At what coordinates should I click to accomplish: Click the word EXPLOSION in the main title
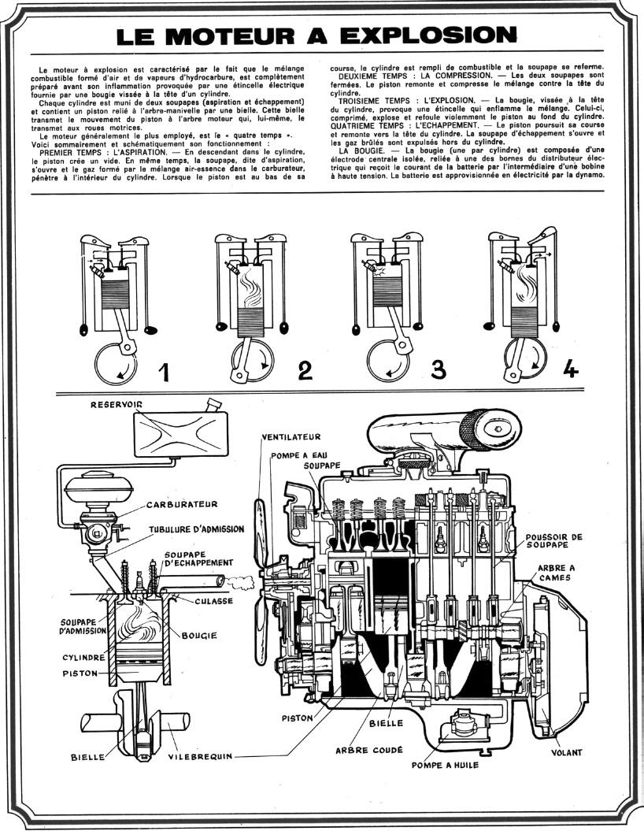pyautogui.click(x=428, y=35)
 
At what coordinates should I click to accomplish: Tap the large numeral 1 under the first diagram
pyautogui.click(x=164, y=370)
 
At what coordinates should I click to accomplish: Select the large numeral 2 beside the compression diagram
pyautogui.click(x=305, y=370)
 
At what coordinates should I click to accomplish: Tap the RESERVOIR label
pyautogui.click(x=117, y=404)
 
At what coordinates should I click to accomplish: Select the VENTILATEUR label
pyautogui.click(x=291, y=436)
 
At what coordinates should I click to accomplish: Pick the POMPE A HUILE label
pyautogui.click(x=445, y=765)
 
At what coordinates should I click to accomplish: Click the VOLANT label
pyautogui.click(x=566, y=752)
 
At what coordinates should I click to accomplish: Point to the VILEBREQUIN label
pyautogui.click(x=200, y=756)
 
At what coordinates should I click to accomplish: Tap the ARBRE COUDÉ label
pyautogui.click(x=369, y=750)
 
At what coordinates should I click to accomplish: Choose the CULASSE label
pyautogui.click(x=214, y=601)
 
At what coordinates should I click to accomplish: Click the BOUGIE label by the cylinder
pyautogui.click(x=199, y=636)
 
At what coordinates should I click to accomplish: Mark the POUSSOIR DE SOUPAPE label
pyautogui.click(x=553, y=540)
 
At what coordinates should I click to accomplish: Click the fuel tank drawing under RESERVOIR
pyautogui.click(x=181, y=434)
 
